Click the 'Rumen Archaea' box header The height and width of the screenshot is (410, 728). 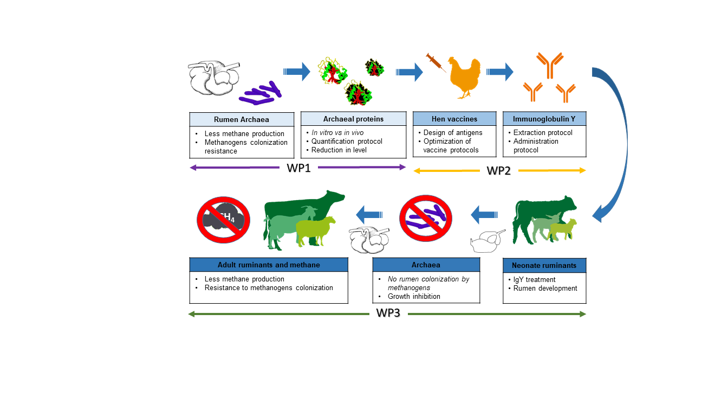[242, 119]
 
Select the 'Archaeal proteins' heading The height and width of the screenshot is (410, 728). [353, 119]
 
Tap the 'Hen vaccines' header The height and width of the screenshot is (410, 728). [454, 119]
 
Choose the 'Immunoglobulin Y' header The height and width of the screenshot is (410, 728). [544, 119]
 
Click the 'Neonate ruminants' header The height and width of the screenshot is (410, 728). [544, 265]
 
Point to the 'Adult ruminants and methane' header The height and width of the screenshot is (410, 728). [269, 265]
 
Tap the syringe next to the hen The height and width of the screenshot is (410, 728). [435, 62]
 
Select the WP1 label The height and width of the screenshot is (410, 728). [298, 168]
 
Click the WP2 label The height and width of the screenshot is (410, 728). [499, 171]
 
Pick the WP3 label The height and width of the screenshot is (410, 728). [388, 313]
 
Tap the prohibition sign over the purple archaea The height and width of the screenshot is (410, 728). [426, 219]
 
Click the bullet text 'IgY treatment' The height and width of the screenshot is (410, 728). [534, 280]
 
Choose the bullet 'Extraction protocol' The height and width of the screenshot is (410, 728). [543, 132]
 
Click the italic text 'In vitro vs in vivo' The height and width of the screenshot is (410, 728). [337, 132]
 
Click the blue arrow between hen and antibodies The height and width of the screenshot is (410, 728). [499, 71]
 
